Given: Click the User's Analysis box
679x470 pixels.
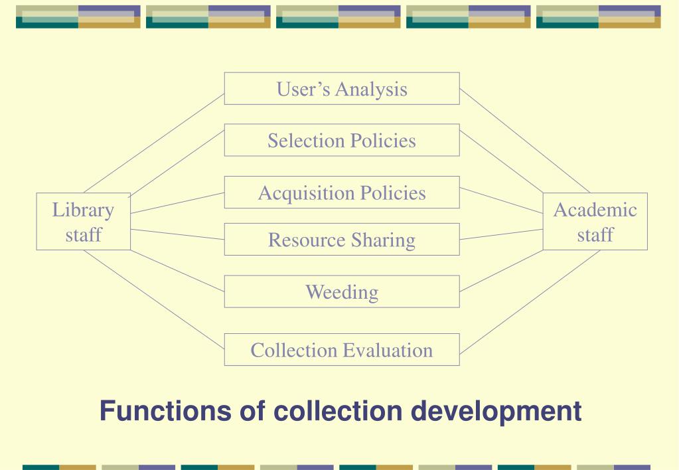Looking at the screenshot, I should click(x=341, y=88).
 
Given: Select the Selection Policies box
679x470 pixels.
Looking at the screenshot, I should click(x=341, y=140).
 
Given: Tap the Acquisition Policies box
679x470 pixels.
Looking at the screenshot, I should click(x=341, y=193).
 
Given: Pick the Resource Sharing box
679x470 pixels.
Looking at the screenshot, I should click(x=341, y=240).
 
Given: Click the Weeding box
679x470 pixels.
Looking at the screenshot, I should click(x=341, y=291).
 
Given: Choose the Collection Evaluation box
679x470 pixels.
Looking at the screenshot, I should click(x=341, y=349).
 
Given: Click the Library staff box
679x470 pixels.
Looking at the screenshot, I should click(x=83, y=222).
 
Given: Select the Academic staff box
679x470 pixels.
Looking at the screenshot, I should click(x=595, y=222).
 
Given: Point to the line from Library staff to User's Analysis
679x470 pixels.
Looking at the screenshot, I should click(x=154, y=142).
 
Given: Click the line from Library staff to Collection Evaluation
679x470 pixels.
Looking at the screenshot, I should click(x=154, y=299).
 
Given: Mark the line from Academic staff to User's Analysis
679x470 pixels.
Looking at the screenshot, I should click(x=524, y=141).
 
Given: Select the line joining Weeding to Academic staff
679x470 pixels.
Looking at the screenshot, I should click(x=501, y=271).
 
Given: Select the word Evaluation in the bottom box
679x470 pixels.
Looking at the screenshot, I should click(x=389, y=349).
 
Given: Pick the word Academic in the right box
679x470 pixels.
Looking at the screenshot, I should click(x=595, y=210).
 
